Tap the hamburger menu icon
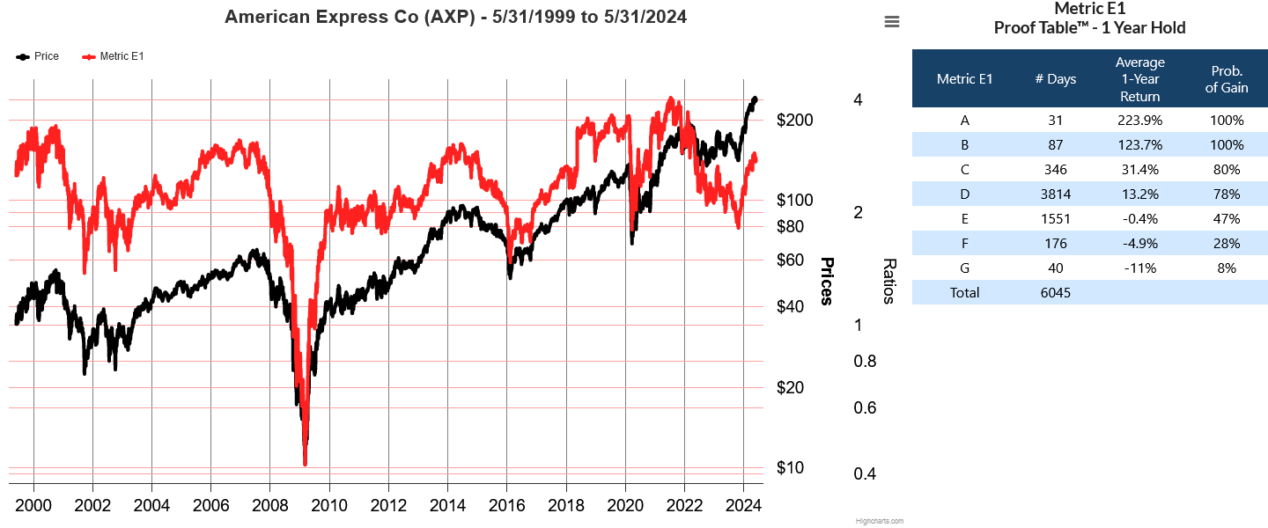click(892, 22)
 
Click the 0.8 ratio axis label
click(865, 362)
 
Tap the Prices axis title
click(827, 282)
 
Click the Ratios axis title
click(889, 282)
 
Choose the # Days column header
click(1056, 79)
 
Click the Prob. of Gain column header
click(1227, 79)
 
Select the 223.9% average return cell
click(1140, 121)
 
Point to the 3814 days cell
click(1056, 194)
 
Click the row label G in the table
click(965, 268)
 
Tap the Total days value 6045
click(1056, 293)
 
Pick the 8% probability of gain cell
click(1227, 268)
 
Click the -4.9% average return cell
click(1140, 244)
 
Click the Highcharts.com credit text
click(879, 521)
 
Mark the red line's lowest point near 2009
click(305, 464)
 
